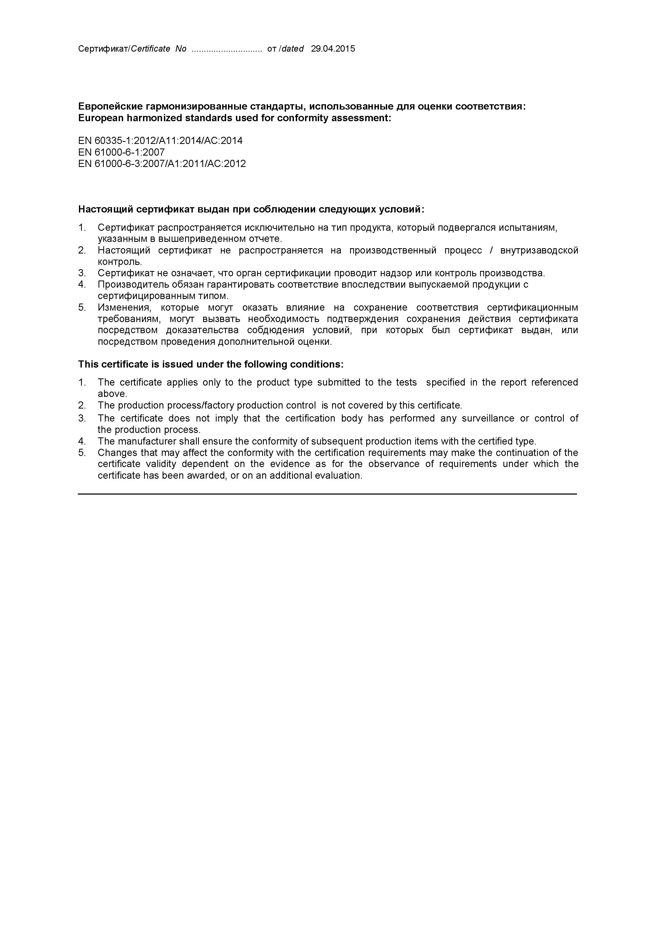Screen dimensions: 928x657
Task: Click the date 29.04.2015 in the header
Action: pos(333,49)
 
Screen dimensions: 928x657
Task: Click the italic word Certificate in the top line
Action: pos(151,49)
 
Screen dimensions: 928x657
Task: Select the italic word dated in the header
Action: pos(293,49)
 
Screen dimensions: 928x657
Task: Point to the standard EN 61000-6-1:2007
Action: pos(121,152)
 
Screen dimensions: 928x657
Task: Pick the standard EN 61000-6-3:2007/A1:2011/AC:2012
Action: pos(162,164)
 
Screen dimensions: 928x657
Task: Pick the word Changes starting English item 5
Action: pos(116,453)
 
